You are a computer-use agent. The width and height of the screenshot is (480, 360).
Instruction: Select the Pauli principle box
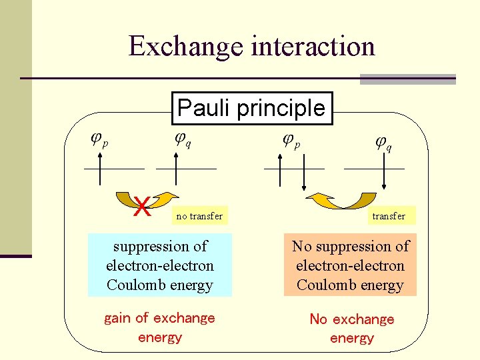tap(251, 108)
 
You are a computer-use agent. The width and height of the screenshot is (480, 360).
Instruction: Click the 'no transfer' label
tap(199, 216)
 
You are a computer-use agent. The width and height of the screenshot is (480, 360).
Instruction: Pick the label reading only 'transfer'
tap(388, 216)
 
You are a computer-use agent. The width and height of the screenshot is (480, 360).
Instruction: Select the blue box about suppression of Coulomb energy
tap(160, 265)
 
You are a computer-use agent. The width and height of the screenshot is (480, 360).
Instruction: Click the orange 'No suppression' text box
tap(350, 265)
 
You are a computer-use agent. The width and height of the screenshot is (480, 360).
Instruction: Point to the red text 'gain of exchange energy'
tap(159, 327)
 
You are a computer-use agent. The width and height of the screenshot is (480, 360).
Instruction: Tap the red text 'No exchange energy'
tap(351, 328)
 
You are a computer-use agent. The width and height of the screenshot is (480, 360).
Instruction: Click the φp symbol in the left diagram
tap(99, 139)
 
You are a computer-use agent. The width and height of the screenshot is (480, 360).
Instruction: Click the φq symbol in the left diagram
tap(183, 139)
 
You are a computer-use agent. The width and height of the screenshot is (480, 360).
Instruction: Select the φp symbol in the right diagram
tap(291, 139)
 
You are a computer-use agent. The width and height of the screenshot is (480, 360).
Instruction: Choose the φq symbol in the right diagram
tap(383, 142)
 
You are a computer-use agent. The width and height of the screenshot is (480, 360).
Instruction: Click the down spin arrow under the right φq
tap(385, 173)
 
